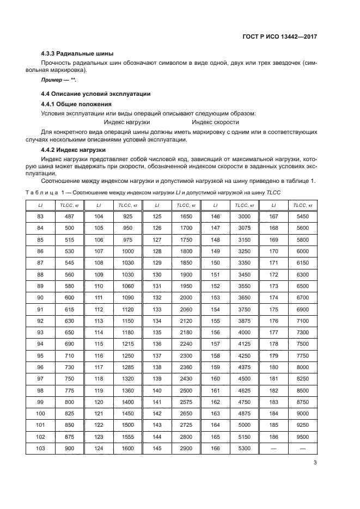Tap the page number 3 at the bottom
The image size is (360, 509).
315,463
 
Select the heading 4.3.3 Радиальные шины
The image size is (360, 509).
77,53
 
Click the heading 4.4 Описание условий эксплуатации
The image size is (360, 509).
96,94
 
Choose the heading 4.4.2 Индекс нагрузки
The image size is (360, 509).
74,149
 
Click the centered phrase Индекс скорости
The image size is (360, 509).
215,122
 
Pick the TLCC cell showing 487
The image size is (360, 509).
70,216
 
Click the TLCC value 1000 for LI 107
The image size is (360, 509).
128,251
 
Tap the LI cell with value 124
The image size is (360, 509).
99,447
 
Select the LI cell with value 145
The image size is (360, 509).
157,447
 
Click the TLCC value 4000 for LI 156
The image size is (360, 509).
245,332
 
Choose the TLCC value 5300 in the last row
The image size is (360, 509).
245,447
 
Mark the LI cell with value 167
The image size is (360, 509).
273,216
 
